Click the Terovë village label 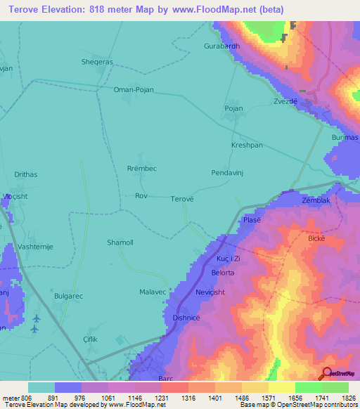point(182,199)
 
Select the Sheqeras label point(96,61)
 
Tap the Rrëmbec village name point(141,169)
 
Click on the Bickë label point(318,239)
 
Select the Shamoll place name point(120,242)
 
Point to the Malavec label point(153,292)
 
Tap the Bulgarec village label point(68,296)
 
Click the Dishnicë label point(187,318)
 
